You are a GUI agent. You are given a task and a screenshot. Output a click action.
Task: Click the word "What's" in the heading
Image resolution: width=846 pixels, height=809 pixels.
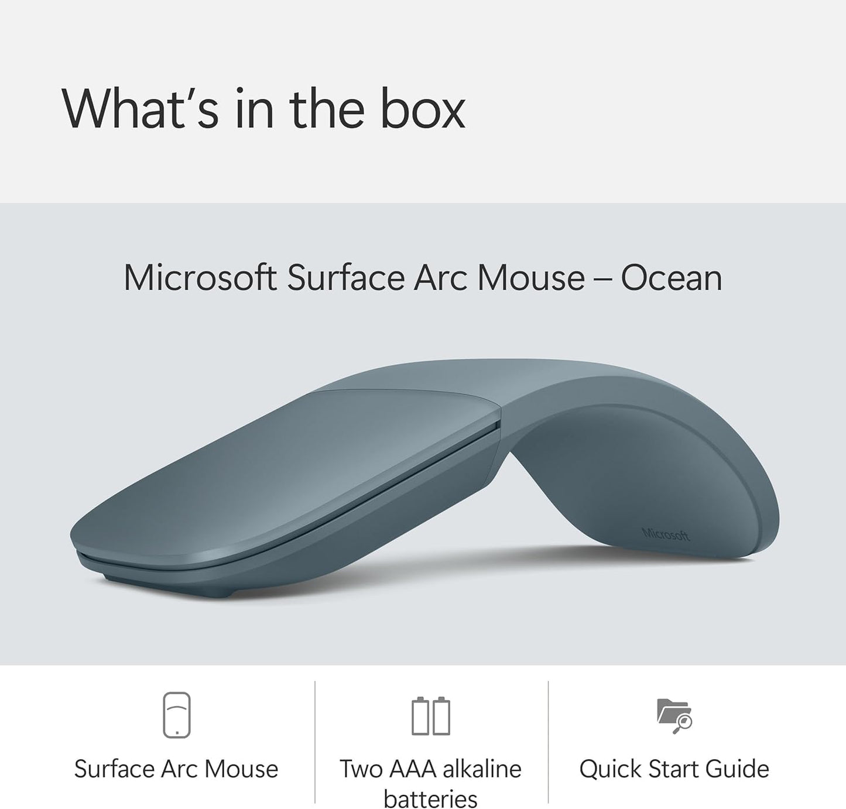click(x=140, y=109)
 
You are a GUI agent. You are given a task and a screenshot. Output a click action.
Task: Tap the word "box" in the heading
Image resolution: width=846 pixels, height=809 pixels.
click(x=423, y=109)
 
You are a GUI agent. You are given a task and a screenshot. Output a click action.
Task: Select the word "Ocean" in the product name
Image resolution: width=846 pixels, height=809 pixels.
click(x=671, y=277)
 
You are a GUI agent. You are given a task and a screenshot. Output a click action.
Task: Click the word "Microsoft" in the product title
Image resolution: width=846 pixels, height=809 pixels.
click(x=200, y=277)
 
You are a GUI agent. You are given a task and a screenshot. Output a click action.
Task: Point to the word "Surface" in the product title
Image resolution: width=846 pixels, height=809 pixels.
click(x=345, y=277)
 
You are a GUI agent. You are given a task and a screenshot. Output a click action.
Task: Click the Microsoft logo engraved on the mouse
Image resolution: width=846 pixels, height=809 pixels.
click(x=666, y=534)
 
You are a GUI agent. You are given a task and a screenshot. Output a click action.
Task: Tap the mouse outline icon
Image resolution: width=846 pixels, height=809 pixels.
click(x=176, y=715)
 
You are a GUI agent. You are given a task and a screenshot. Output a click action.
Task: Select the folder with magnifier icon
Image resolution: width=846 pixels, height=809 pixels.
click(x=674, y=715)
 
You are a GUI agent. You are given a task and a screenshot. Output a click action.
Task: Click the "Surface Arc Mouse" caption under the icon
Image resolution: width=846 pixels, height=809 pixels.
click(x=176, y=769)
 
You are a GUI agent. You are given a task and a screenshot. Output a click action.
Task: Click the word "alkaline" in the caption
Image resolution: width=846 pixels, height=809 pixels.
click(x=482, y=769)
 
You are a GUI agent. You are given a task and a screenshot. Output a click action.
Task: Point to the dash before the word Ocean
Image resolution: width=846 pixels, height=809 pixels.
click(x=602, y=279)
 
